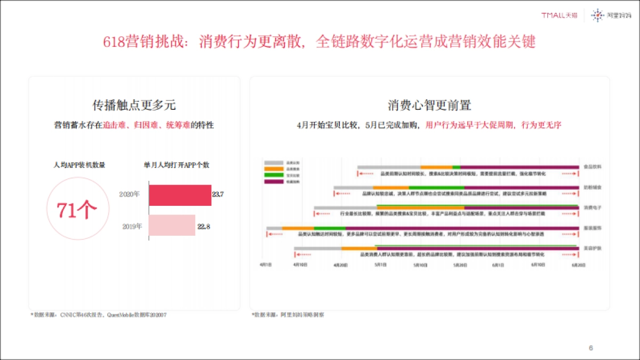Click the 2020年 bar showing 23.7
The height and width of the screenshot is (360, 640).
[x=180, y=195]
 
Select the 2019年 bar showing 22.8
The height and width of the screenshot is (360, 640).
[x=172, y=226]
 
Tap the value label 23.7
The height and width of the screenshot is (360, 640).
[x=218, y=195]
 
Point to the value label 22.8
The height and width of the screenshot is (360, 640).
[x=204, y=226]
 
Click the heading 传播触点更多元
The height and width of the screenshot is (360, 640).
[x=134, y=105]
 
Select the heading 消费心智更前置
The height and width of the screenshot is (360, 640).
[x=429, y=105]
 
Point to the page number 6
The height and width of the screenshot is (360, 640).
[x=590, y=348]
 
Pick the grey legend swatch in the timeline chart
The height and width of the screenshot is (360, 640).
[x=274, y=162]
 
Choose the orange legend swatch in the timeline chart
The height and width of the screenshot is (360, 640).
[x=274, y=169]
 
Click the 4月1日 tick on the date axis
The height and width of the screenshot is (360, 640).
[x=266, y=265]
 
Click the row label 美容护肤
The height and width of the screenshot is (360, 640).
[x=593, y=248]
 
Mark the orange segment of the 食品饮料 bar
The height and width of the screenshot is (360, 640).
[x=436, y=167]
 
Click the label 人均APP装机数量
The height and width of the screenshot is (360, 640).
[x=79, y=165]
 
